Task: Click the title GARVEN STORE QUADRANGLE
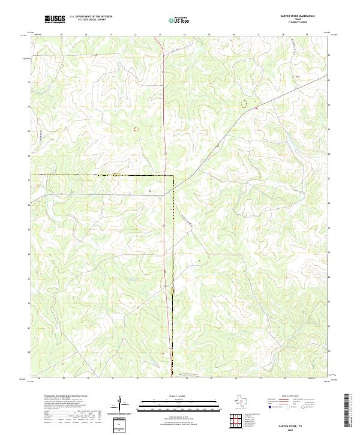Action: tap(298, 16)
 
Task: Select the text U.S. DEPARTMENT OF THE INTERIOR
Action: tap(91, 17)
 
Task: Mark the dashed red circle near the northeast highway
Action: tap(244, 104)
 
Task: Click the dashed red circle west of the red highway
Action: tap(136, 128)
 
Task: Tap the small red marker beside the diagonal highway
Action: tap(256, 108)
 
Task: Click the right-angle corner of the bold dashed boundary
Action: tap(173, 175)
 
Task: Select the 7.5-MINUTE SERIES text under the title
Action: tap(298, 23)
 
